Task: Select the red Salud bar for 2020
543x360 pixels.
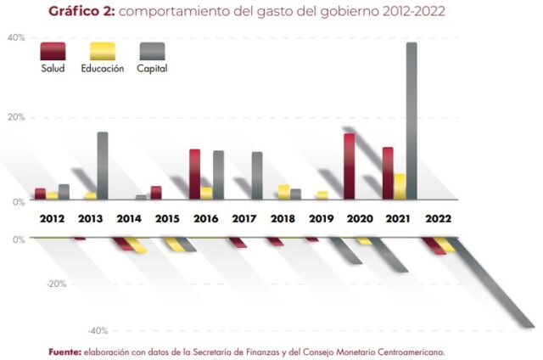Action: coord(349,166)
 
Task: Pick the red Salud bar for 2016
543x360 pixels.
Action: coord(194,174)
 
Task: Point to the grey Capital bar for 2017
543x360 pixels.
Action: coord(256,176)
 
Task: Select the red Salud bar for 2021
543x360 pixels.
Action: coord(388,173)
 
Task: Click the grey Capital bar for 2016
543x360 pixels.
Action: coord(218,175)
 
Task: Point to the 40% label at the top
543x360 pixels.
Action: coord(16,38)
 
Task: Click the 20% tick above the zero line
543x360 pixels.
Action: coord(16,117)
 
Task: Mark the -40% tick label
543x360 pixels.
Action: coord(98,330)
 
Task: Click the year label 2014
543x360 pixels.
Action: coord(130,218)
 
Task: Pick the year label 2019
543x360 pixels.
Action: coord(321,218)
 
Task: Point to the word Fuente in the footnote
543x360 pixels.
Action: coord(64,351)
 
